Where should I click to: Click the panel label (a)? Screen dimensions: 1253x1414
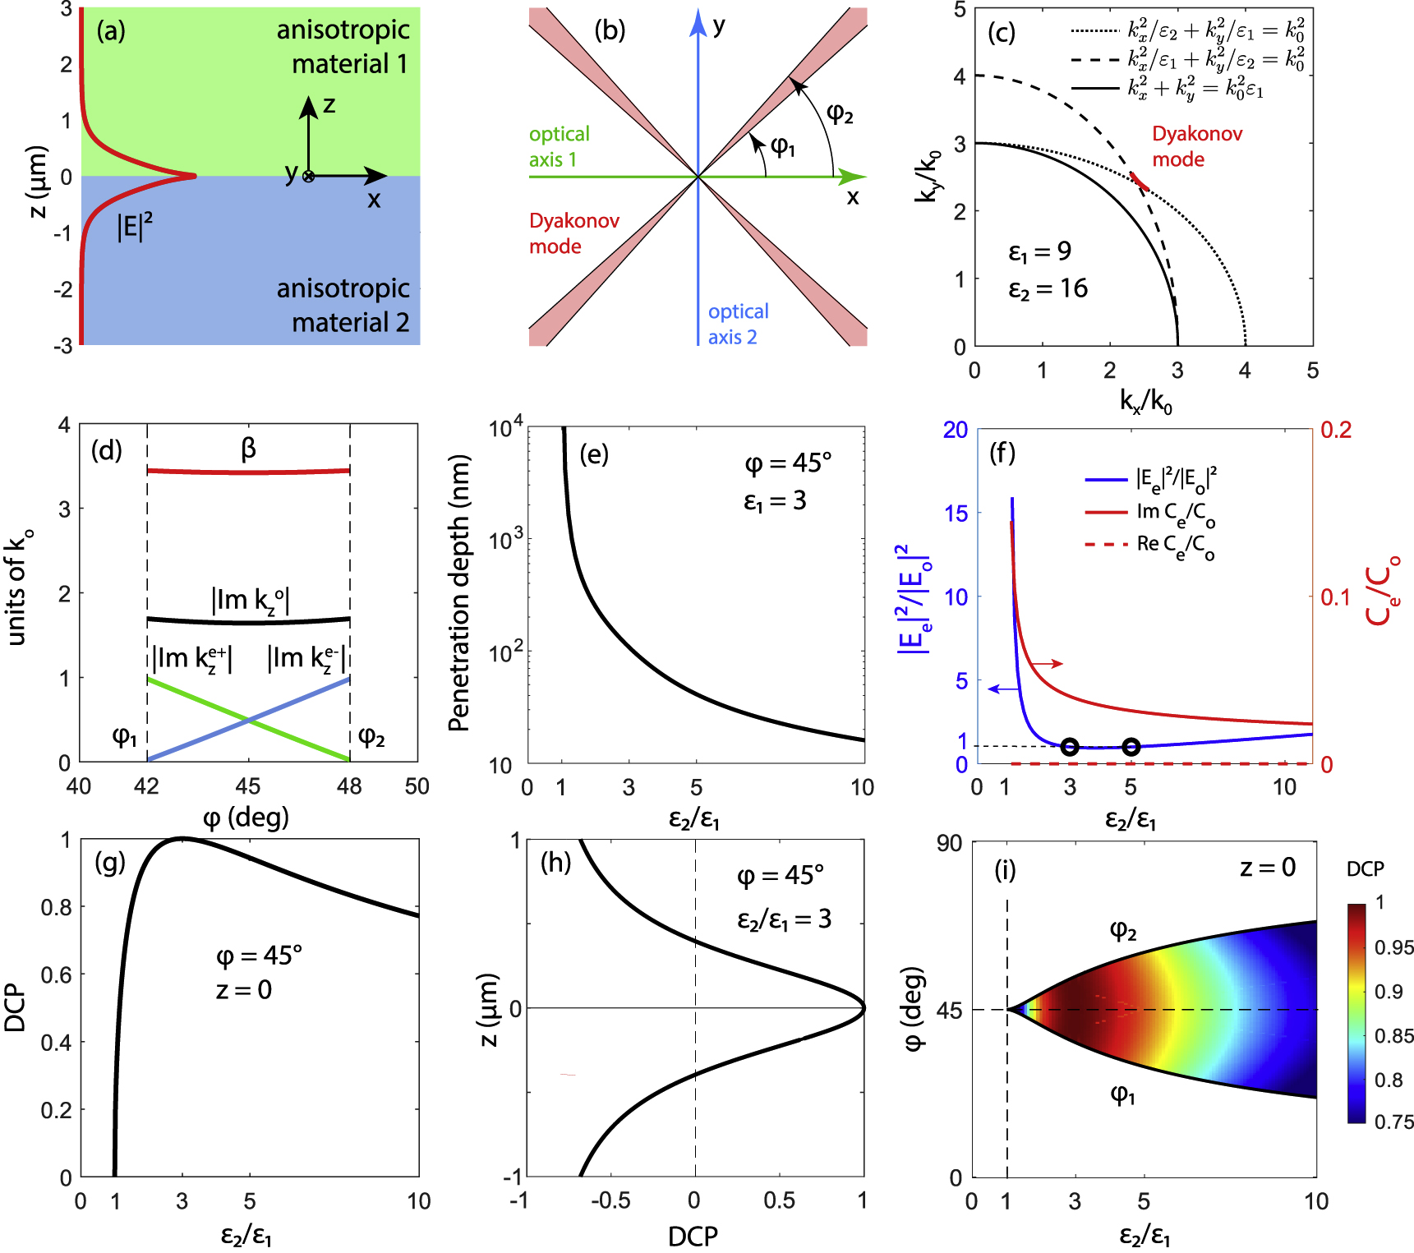click(110, 31)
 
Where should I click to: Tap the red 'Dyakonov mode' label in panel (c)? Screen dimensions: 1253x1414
click(1196, 146)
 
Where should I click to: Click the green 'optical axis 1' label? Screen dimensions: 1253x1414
click(559, 146)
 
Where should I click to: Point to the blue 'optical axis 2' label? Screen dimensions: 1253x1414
click(738, 324)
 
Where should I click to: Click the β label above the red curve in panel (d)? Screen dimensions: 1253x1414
click(248, 448)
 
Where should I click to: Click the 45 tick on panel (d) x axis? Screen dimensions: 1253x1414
click(248, 787)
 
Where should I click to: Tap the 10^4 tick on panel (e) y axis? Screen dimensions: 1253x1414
click(504, 428)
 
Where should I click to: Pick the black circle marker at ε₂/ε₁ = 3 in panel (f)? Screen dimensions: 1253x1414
click(1069, 747)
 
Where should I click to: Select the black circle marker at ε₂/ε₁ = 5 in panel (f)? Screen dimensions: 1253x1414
click(1131, 747)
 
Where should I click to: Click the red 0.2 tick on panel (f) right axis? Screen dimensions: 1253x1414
click(1335, 430)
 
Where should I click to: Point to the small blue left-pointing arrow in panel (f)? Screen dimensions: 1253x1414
click(1003, 689)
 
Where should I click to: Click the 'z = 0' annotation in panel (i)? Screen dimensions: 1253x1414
click(1267, 868)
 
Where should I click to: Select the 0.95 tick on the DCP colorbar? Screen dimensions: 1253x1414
click(1393, 947)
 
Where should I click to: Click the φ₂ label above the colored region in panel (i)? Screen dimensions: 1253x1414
click(1123, 930)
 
